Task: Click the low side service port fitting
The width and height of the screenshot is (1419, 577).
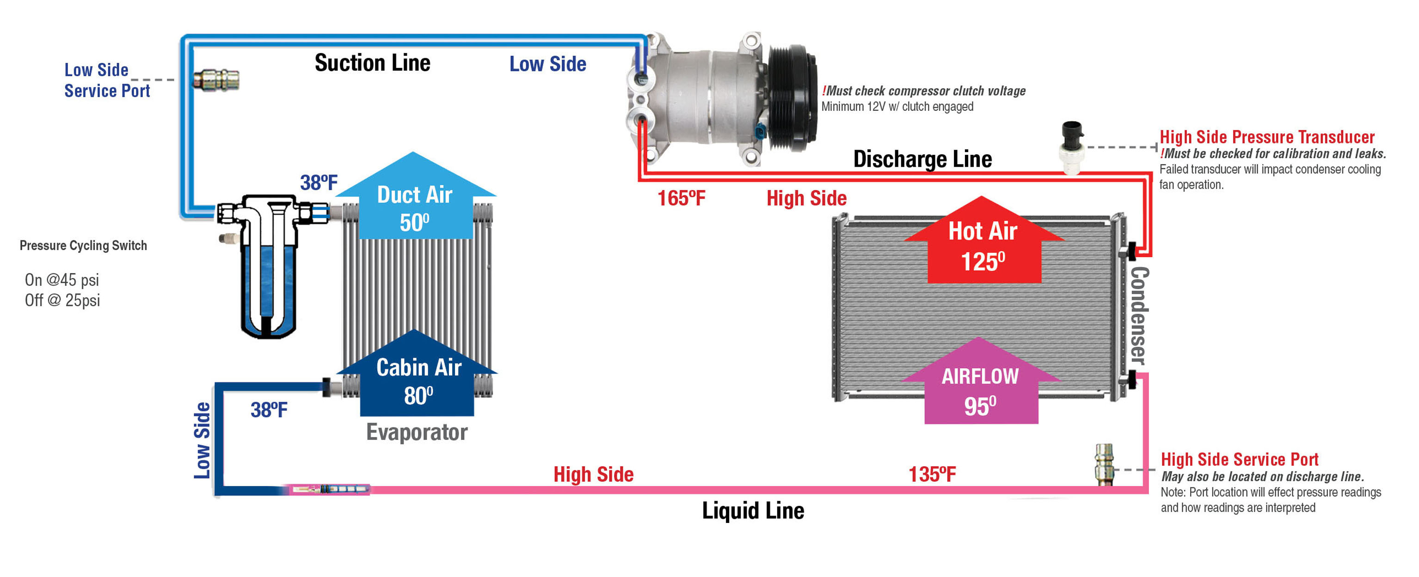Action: coord(216,80)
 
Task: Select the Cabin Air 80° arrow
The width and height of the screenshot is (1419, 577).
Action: coord(417,373)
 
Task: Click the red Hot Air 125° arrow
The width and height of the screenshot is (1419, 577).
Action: coord(984,239)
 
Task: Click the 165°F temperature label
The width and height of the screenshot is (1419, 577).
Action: coord(682,199)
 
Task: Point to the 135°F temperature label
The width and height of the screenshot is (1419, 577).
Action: coord(932,474)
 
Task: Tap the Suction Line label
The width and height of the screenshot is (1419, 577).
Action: coord(372,63)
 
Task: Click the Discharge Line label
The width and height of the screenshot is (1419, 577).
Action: coord(923,159)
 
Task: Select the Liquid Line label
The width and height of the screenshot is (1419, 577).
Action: coord(753,511)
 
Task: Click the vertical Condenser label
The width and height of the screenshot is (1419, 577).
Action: coord(1139,316)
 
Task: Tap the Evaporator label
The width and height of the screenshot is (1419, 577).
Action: coord(417,433)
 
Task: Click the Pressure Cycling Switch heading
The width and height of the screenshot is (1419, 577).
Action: coord(83,246)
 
